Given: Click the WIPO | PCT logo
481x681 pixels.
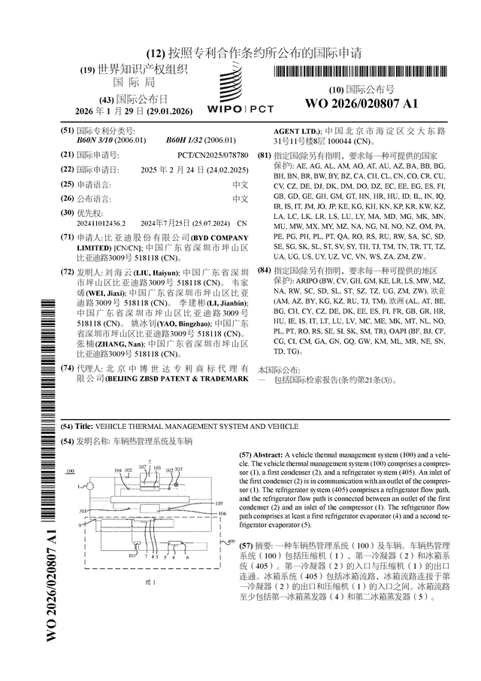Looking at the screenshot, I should click(x=239, y=96).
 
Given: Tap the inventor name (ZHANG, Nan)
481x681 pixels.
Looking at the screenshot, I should click(x=119, y=344).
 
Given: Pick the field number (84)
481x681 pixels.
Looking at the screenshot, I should click(x=263, y=269).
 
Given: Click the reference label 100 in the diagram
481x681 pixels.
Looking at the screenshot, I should click(x=71, y=471).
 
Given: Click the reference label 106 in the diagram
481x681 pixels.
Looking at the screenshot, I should click(x=220, y=514).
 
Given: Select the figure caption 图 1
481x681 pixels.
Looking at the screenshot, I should click(x=150, y=582).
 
